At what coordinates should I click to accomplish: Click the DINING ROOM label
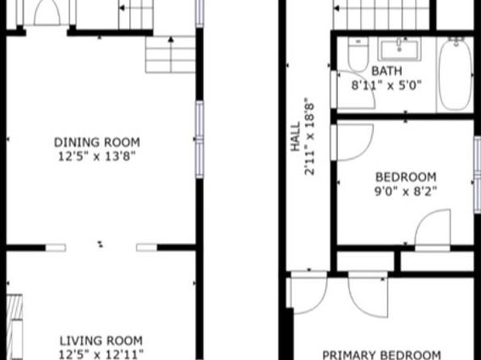click(x=97, y=142)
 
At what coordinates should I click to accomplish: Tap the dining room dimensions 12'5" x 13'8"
click(x=97, y=157)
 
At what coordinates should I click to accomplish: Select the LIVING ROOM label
click(x=101, y=341)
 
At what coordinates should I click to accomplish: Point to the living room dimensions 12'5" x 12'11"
click(x=101, y=354)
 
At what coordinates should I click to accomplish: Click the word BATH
click(x=387, y=71)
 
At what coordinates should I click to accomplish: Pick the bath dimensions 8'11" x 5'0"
click(x=387, y=85)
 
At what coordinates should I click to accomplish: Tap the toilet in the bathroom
click(x=358, y=54)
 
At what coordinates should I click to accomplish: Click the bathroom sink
click(x=399, y=49)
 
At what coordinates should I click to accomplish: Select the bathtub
click(x=455, y=74)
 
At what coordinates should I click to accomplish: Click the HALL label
click(x=295, y=137)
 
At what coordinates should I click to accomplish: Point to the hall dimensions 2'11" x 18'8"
click(x=310, y=136)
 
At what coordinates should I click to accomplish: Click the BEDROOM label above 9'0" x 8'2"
click(x=406, y=177)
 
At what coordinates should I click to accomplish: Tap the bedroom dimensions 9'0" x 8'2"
click(x=405, y=191)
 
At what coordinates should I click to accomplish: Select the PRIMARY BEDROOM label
click(x=382, y=355)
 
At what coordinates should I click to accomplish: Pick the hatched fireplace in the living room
click(x=15, y=327)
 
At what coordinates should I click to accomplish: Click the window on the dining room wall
click(x=199, y=140)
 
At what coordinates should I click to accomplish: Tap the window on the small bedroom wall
click(x=477, y=174)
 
